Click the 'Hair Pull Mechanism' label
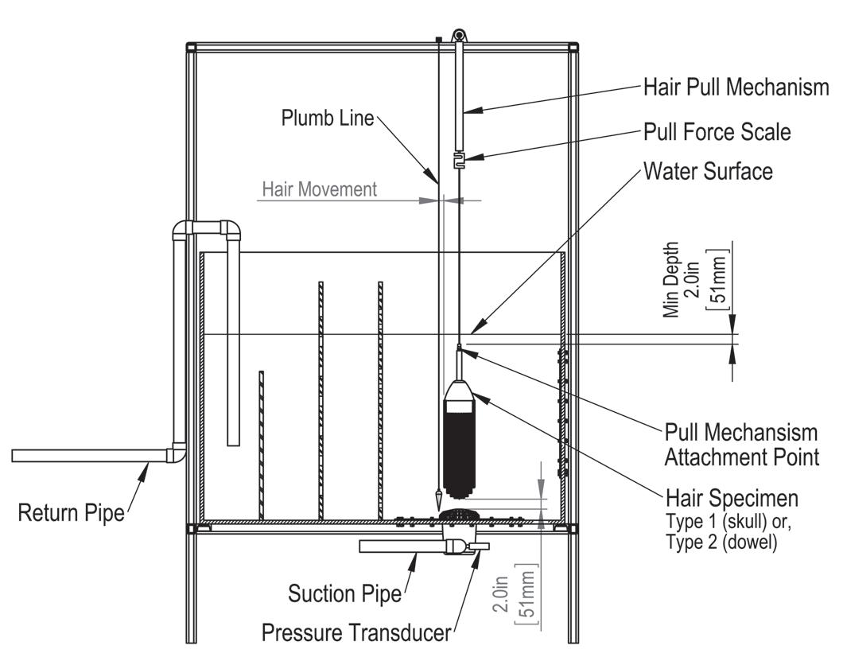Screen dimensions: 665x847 (x=736, y=87)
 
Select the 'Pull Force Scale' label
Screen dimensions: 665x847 (x=717, y=131)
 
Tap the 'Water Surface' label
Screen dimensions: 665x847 (x=708, y=171)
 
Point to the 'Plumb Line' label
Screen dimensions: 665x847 (x=327, y=119)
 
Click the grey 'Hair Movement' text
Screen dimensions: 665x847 (x=319, y=189)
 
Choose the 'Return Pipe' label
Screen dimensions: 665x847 (x=72, y=513)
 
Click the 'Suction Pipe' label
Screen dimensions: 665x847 (x=345, y=593)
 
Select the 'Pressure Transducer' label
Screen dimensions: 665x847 (x=356, y=633)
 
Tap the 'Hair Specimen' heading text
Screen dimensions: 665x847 (x=732, y=499)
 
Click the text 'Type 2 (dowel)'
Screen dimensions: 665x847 (x=721, y=544)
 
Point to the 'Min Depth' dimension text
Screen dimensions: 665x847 (x=673, y=280)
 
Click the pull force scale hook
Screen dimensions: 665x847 (x=458, y=161)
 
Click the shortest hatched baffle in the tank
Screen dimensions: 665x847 (x=261, y=444)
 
